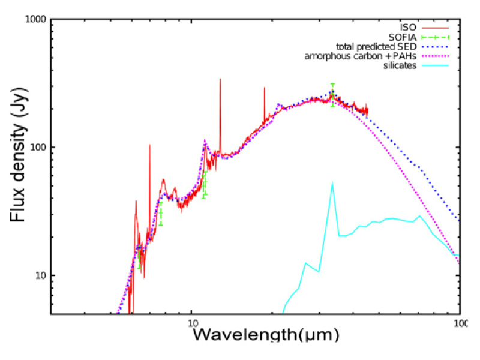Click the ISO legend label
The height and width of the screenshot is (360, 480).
click(x=408, y=28)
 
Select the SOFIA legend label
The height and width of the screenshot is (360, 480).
click(x=403, y=37)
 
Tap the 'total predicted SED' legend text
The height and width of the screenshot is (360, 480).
click(x=377, y=47)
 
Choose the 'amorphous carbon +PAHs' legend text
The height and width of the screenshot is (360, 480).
click(x=361, y=56)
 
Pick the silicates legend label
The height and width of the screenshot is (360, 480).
click(x=400, y=65)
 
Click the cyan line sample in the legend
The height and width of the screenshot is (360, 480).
click(x=436, y=65)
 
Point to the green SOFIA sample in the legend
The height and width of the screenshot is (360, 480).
click(x=436, y=37)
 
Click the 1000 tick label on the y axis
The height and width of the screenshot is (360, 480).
click(x=35, y=19)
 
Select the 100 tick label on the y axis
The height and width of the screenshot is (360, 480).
click(x=38, y=147)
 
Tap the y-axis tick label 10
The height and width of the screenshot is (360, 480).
click(x=41, y=275)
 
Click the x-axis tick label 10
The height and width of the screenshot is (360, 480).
click(x=191, y=323)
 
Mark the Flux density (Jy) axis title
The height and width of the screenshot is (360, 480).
click(x=18, y=155)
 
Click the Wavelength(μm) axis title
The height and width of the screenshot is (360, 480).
click(x=266, y=334)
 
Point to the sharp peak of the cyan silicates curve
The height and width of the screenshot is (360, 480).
click(x=332, y=183)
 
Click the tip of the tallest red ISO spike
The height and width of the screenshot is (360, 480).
click(x=220, y=79)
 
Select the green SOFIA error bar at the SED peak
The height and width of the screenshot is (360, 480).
click(x=332, y=95)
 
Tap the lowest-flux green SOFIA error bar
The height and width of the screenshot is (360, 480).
click(x=140, y=257)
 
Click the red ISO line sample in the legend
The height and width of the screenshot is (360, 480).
click(x=436, y=28)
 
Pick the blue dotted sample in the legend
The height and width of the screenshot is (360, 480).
click(x=436, y=47)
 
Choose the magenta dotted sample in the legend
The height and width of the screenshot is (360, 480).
click(x=436, y=56)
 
